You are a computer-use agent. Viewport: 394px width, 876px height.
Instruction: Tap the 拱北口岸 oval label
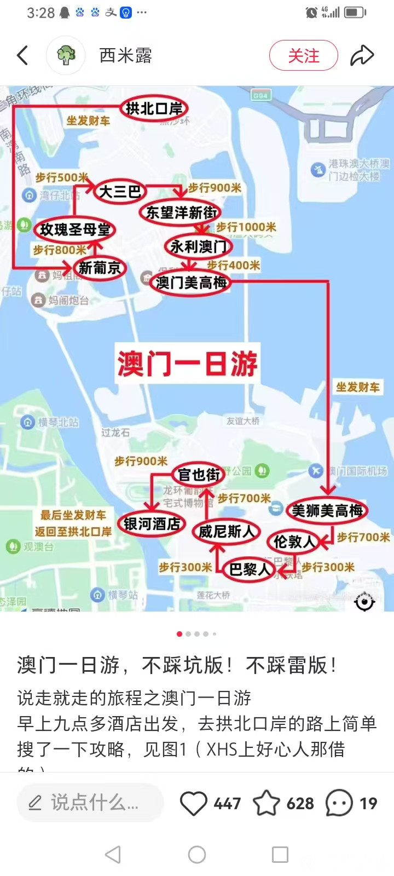pyautogui.click(x=154, y=109)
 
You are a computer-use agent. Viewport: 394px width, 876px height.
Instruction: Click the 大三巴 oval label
pyautogui.click(x=120, y=191)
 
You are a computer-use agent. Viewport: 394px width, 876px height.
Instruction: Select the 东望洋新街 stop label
pyautogui.click(x=181, y=213)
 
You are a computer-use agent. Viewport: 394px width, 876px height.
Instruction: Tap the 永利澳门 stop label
pyautogui.click(x=198, y=247)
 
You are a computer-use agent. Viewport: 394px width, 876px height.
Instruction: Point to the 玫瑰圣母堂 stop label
pyautogui.click(x=75, y=230)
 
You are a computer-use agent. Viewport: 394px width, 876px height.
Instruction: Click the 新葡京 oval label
pyautogui.click(x=99, y=268)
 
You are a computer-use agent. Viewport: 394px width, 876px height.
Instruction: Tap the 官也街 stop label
pyautogui.click(x=199, y=475)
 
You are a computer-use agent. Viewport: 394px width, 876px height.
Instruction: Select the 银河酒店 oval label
pyautogui.click(x=152, y=524)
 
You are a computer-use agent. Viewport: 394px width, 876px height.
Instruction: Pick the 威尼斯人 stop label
pyautogui.click(x=226, y=532)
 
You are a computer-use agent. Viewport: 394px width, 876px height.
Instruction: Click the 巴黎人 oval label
pyautogui.click(x=249, y=569)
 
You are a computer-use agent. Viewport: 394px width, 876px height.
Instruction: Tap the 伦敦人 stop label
pyautogui.click(x=294, y=542)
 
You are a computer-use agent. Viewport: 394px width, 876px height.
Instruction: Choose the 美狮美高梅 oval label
pyautogui.click(x=327, y=511)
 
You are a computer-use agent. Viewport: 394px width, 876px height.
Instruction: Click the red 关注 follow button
pyautogui.click(x=303, y=55)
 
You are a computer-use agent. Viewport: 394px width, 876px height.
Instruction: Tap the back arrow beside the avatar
pyautogui.click(x=22, y=55)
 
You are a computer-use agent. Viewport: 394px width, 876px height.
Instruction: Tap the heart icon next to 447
pyautogui.click(x=193, y=804)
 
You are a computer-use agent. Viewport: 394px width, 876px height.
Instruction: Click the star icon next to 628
pyautogui.click(x=266, y=804)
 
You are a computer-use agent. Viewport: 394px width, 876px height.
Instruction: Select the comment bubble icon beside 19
pyautogui.click(x=339, y=804)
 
